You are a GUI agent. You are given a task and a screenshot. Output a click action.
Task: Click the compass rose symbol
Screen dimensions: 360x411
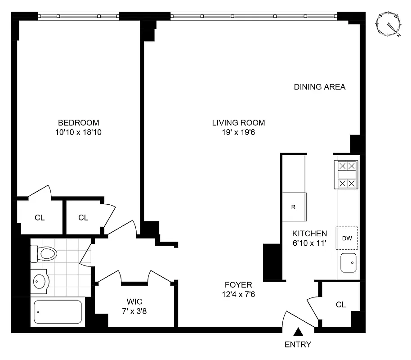tap(389, 24)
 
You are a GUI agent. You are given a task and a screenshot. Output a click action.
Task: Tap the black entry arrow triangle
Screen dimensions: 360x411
tap(298, 333)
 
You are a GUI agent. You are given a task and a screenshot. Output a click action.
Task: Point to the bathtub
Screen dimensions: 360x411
tap(58, 311)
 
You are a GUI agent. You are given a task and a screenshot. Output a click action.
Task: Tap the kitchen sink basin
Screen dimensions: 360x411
tap(348, 263)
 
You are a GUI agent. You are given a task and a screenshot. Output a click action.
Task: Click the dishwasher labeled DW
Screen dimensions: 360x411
tap(347, 238)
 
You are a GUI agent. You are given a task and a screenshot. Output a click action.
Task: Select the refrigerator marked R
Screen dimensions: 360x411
tap(294, 207)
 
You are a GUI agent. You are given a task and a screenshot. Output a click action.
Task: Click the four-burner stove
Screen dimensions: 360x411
tap(347, 175)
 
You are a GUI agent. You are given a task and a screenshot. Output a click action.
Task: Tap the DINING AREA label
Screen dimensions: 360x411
tap(320, 87)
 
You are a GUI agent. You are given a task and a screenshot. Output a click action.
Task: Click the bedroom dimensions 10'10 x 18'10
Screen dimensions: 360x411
tap(78, 132)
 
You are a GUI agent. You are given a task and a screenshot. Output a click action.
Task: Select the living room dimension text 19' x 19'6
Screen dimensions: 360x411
tap(238, 132)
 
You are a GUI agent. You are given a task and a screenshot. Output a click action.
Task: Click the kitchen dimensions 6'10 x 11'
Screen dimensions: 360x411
tap(309, 243)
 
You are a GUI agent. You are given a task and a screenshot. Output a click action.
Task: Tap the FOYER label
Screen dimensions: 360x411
tap(238, 285)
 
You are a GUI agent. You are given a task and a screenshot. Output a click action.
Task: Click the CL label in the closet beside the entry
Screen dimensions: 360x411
tap(341, 305)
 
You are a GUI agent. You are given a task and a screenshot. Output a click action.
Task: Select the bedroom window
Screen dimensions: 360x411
tap(79, 16)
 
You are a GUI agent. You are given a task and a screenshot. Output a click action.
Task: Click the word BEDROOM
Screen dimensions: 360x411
tap(78, 122)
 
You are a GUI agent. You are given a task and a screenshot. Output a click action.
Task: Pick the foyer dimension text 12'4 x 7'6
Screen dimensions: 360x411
tap(238, 294)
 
